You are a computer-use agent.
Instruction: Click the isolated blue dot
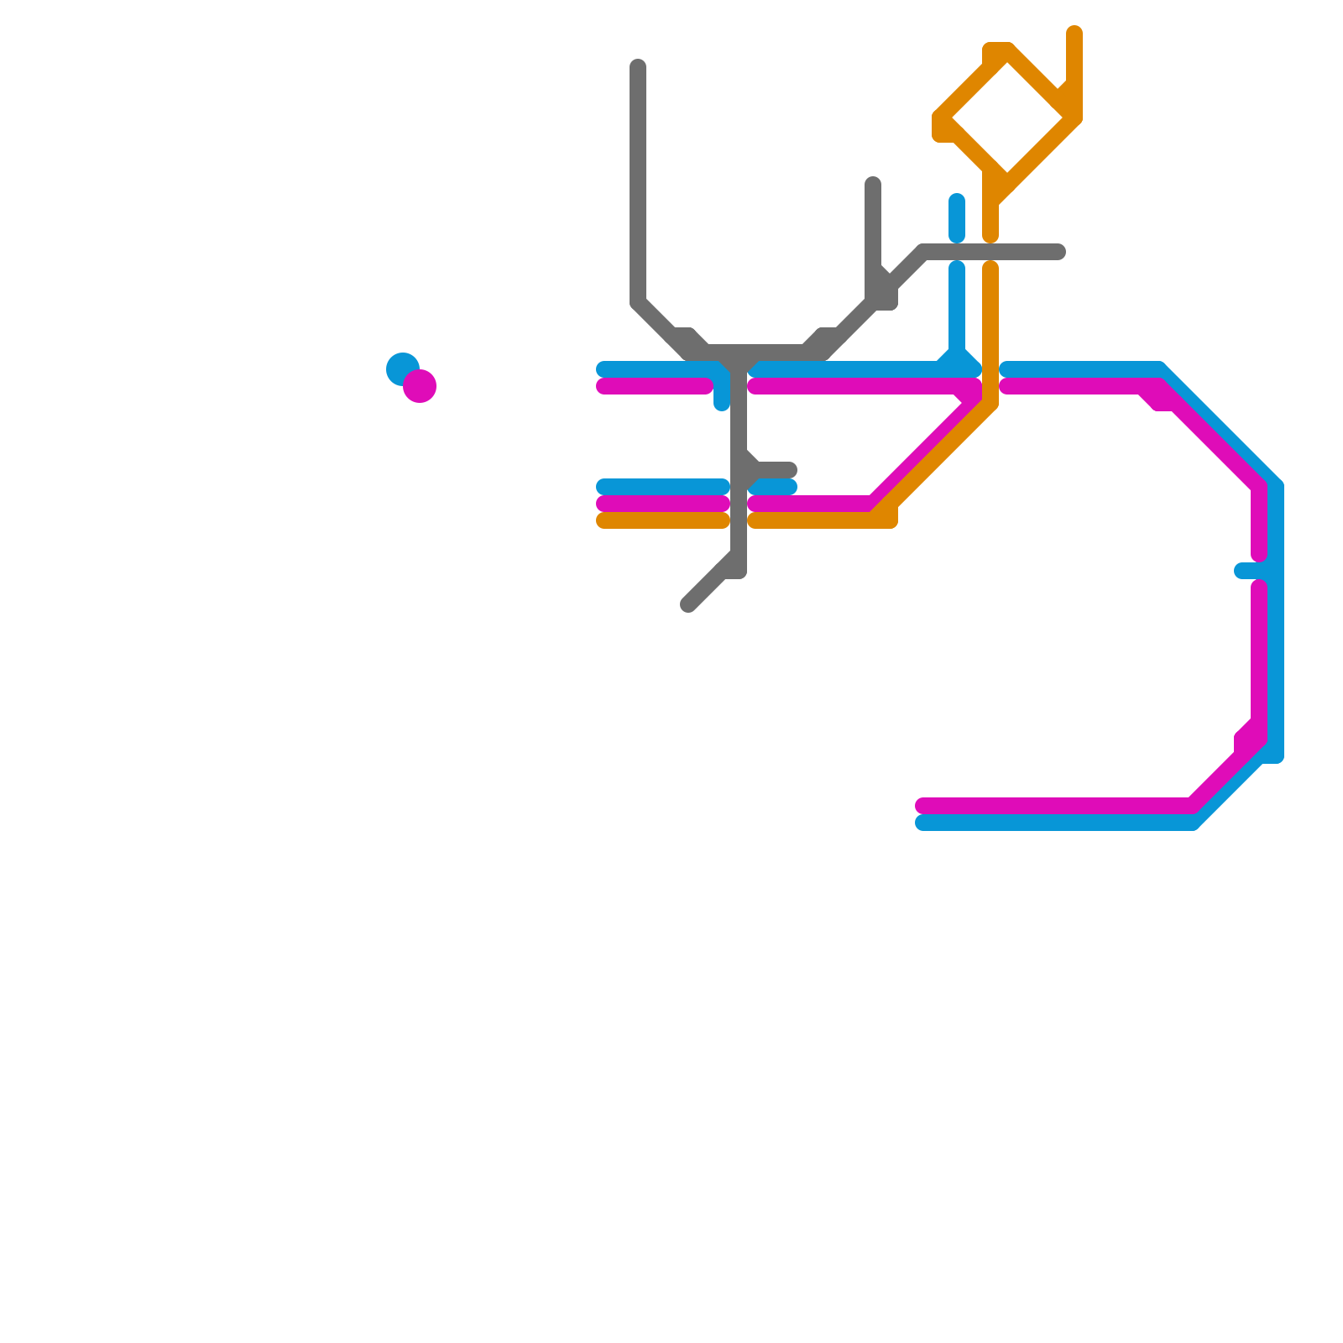(403, 368)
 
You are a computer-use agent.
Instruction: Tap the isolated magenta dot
(420, 386)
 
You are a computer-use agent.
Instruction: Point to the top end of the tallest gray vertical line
(638, 66)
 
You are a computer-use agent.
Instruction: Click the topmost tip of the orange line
(1074, 33)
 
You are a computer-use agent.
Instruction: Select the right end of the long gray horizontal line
(1059, 252)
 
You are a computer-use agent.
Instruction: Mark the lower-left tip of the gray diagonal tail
(688, 605)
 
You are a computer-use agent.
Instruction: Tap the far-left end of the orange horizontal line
(603, 520)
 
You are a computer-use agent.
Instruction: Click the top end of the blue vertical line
(957, 201)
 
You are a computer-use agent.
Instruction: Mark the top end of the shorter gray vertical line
(873, 184)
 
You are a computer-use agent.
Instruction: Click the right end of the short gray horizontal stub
(790, 470)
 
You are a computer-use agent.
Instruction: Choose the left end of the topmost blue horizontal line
(603, 369)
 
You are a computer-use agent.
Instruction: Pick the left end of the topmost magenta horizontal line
(603, 386)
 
